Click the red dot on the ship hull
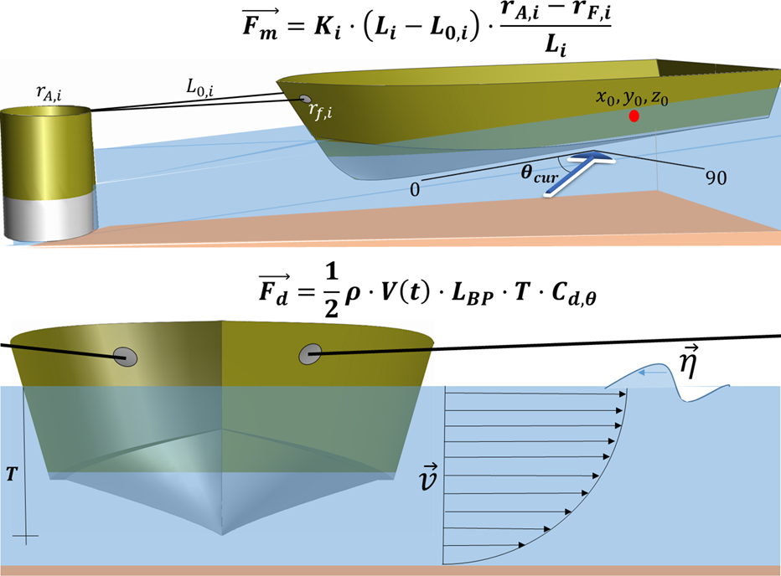click(634, 117)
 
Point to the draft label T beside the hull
click(11, 472)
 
